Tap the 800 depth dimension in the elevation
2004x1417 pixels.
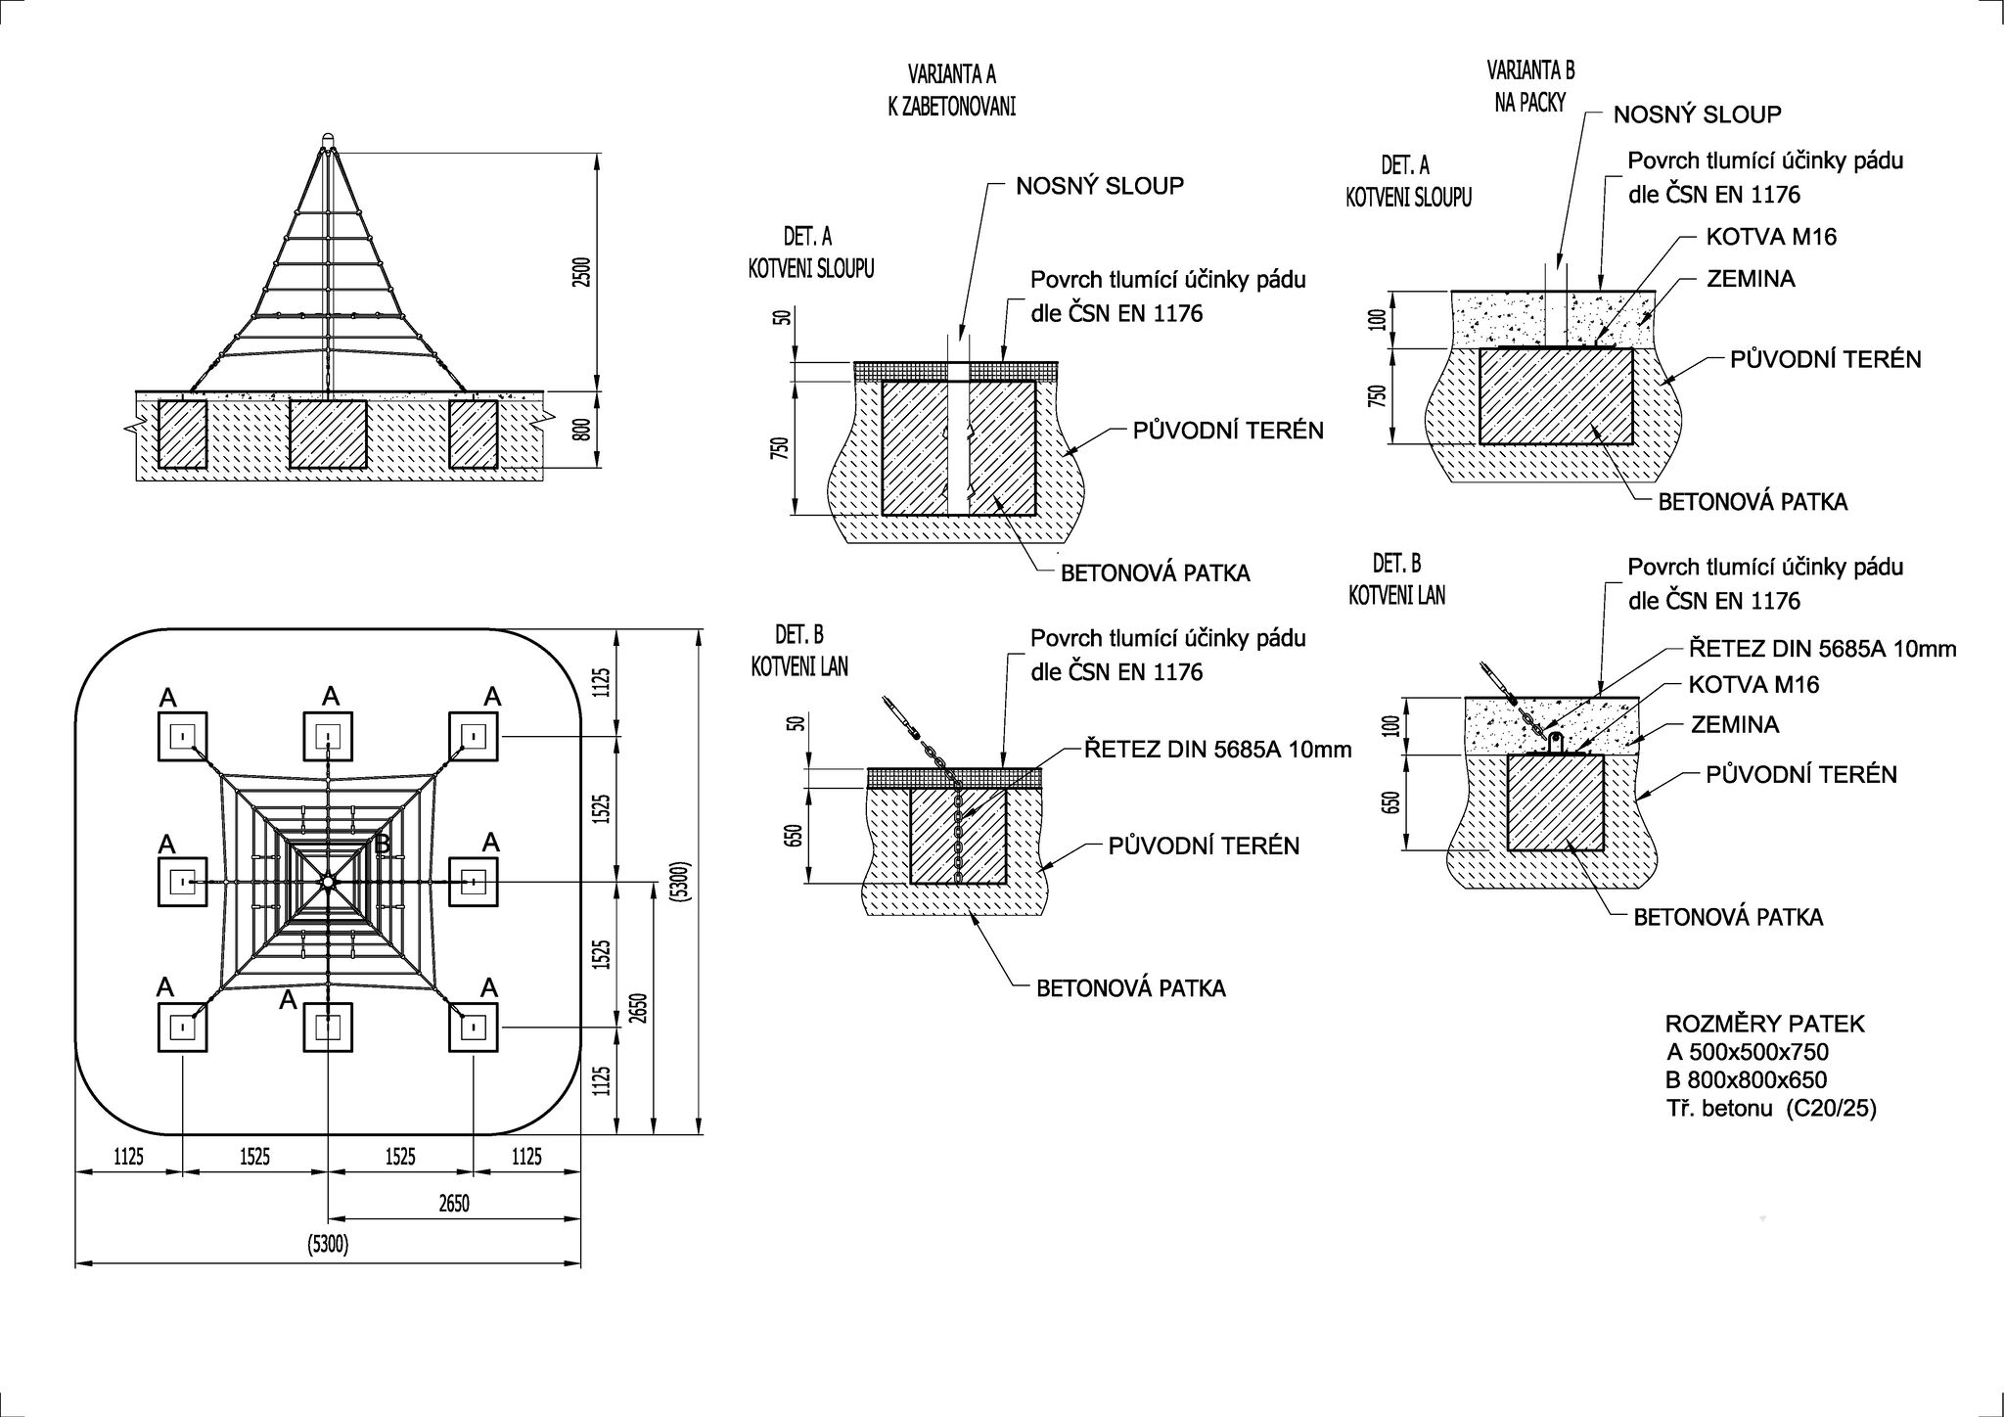click(x=581, y=429)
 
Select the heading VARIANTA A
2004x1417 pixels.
click(x=951, y=74)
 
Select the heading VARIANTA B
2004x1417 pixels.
click(x=1530, y=69)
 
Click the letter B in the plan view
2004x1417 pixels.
click(x=384, y=844)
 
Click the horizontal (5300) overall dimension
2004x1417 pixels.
click(x=328, y=1245)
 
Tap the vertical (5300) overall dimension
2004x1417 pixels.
click(x=682, y=882)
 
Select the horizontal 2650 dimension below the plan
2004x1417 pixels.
click(x=453, y=1203)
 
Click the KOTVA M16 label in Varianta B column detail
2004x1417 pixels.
click(x=1771, y=237)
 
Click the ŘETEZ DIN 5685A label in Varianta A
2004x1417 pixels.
click(x=1217, y=750)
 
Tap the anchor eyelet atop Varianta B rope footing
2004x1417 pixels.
click(x=1555, y=743)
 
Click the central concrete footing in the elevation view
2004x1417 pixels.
click(x=328, y=434)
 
